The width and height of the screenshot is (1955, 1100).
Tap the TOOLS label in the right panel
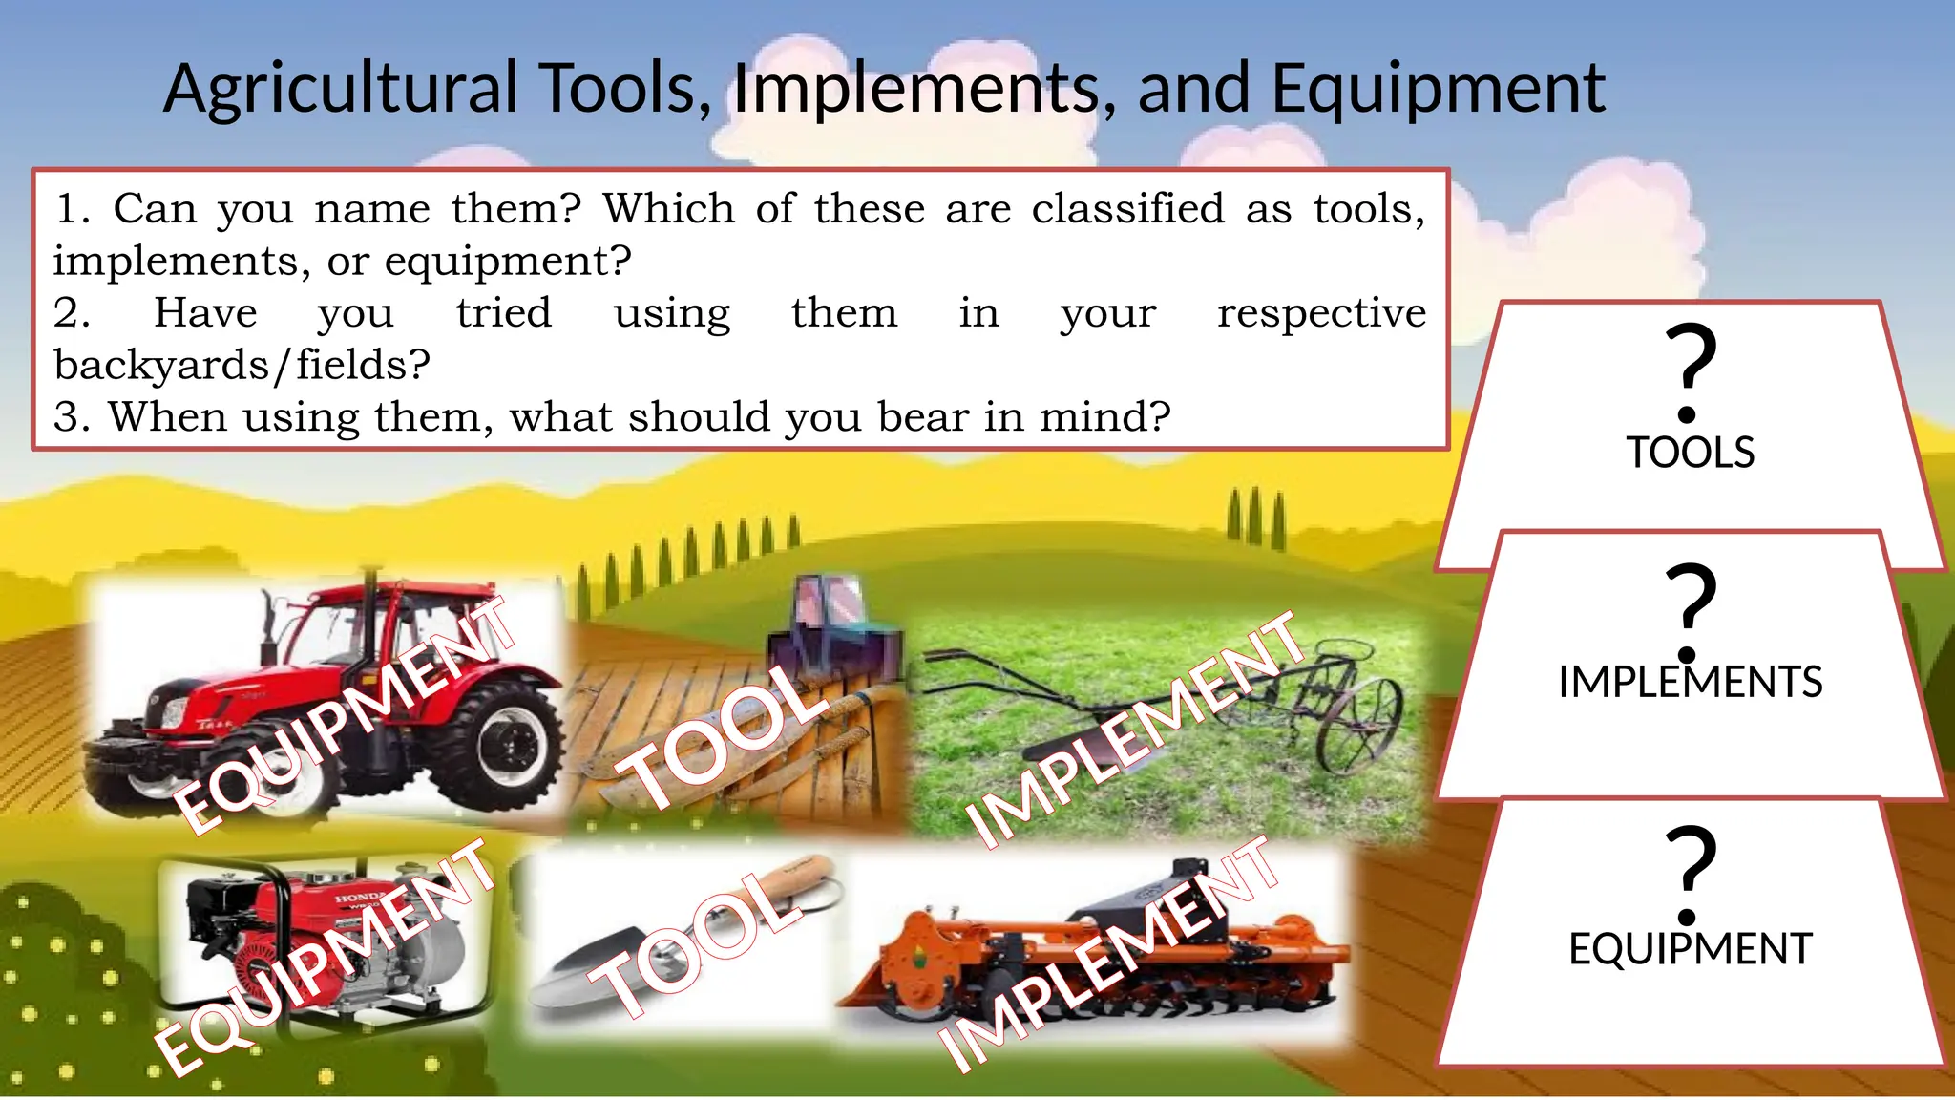1690,453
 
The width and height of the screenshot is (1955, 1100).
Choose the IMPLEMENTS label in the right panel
1690,683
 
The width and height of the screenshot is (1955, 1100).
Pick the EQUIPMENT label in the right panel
1690,949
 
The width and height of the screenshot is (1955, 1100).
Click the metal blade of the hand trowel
582,969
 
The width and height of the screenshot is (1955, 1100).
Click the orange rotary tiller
1098,955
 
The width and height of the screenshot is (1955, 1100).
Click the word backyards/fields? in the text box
242,365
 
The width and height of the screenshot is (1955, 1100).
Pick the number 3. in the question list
71,417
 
